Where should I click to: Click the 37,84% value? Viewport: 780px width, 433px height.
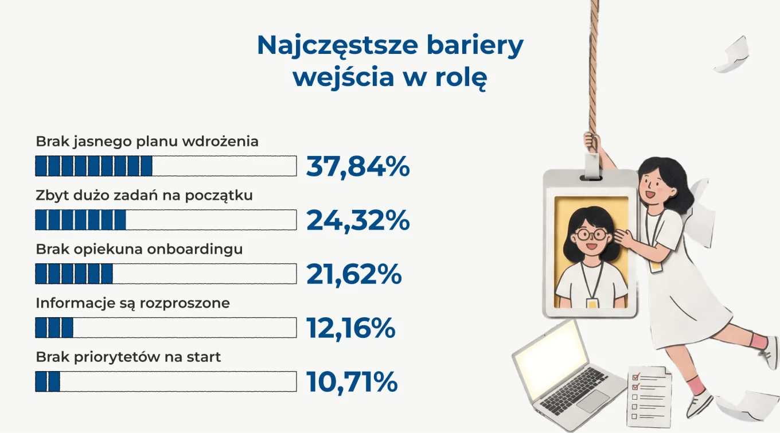(x=358, y=167)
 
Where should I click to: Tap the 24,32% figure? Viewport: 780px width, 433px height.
(x=358, y=220)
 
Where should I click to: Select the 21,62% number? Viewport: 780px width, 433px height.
(x=354, y=274)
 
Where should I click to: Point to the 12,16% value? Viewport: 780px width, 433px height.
(x=351, y=328)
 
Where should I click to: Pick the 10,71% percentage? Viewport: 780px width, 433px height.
(x=352, y=382)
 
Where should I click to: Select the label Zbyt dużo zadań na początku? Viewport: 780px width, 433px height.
(x=144, y=196)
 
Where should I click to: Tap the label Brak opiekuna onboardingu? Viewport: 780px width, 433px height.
(x=139, y=249)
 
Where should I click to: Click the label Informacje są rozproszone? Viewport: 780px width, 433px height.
(x=132, y=303)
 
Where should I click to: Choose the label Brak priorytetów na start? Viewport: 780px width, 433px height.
(x=128, y=357)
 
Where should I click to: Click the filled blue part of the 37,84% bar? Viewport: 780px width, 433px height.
(x=93, y=166)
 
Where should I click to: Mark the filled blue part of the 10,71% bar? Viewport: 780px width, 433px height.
(x=48, y=381)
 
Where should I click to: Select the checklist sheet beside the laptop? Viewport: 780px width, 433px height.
(x=650, y=397)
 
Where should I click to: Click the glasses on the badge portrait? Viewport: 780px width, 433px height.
(x=592, y=234)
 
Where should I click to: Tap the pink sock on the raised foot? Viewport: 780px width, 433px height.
(x=758, y=342)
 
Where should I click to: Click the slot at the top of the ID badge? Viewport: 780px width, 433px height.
(x=591, y=178)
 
